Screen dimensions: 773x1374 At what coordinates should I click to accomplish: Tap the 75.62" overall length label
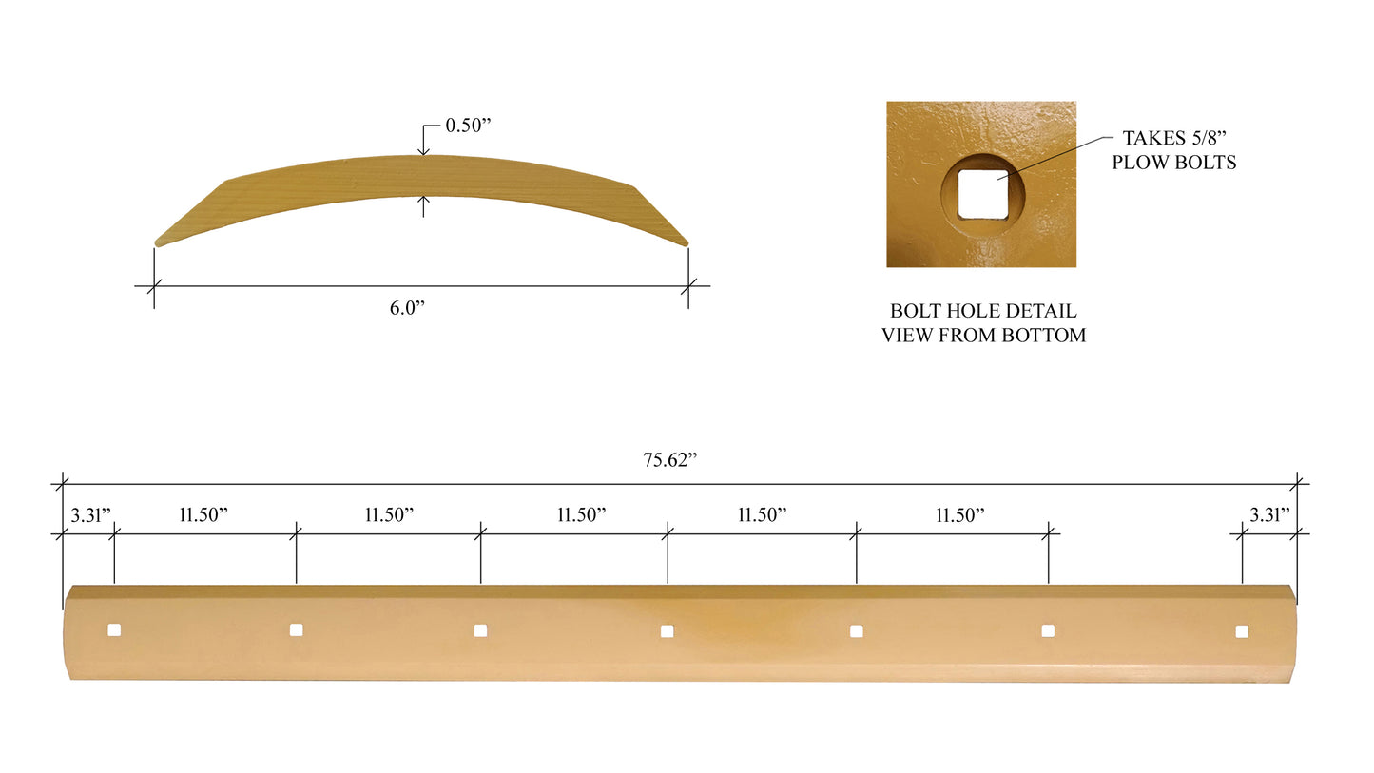(x=670, y=460)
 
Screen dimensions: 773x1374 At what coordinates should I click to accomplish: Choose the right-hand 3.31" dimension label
(x=1269, y=515)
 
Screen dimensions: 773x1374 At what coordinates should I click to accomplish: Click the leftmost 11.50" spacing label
(x=203, y=515)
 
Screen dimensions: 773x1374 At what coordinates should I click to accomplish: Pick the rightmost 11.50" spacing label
(x=959, y=515)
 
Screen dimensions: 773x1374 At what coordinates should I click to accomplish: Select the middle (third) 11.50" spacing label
(x=581, y=515)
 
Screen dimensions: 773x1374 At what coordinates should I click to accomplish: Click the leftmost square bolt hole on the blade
(x=114, y=629)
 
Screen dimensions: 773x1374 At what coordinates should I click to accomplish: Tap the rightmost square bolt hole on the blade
(x=1242, y=631)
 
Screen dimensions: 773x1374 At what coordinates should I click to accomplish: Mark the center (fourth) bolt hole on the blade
(x=667, y=630)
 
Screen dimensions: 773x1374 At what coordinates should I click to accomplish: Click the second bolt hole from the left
(x=296, y=629)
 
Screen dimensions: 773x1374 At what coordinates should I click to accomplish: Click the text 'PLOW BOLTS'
(x=1173, y=163)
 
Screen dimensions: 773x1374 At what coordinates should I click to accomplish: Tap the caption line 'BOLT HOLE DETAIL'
(x=983, y=311)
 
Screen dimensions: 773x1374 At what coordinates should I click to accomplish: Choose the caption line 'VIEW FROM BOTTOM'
(x=983, y=335)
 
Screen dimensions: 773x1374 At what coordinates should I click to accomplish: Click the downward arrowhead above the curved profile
(x=423, y=150)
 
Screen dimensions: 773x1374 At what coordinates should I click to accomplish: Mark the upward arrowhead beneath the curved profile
(x=423, y=201)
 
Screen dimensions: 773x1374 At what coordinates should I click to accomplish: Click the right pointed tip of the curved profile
(x=686, y=243)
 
